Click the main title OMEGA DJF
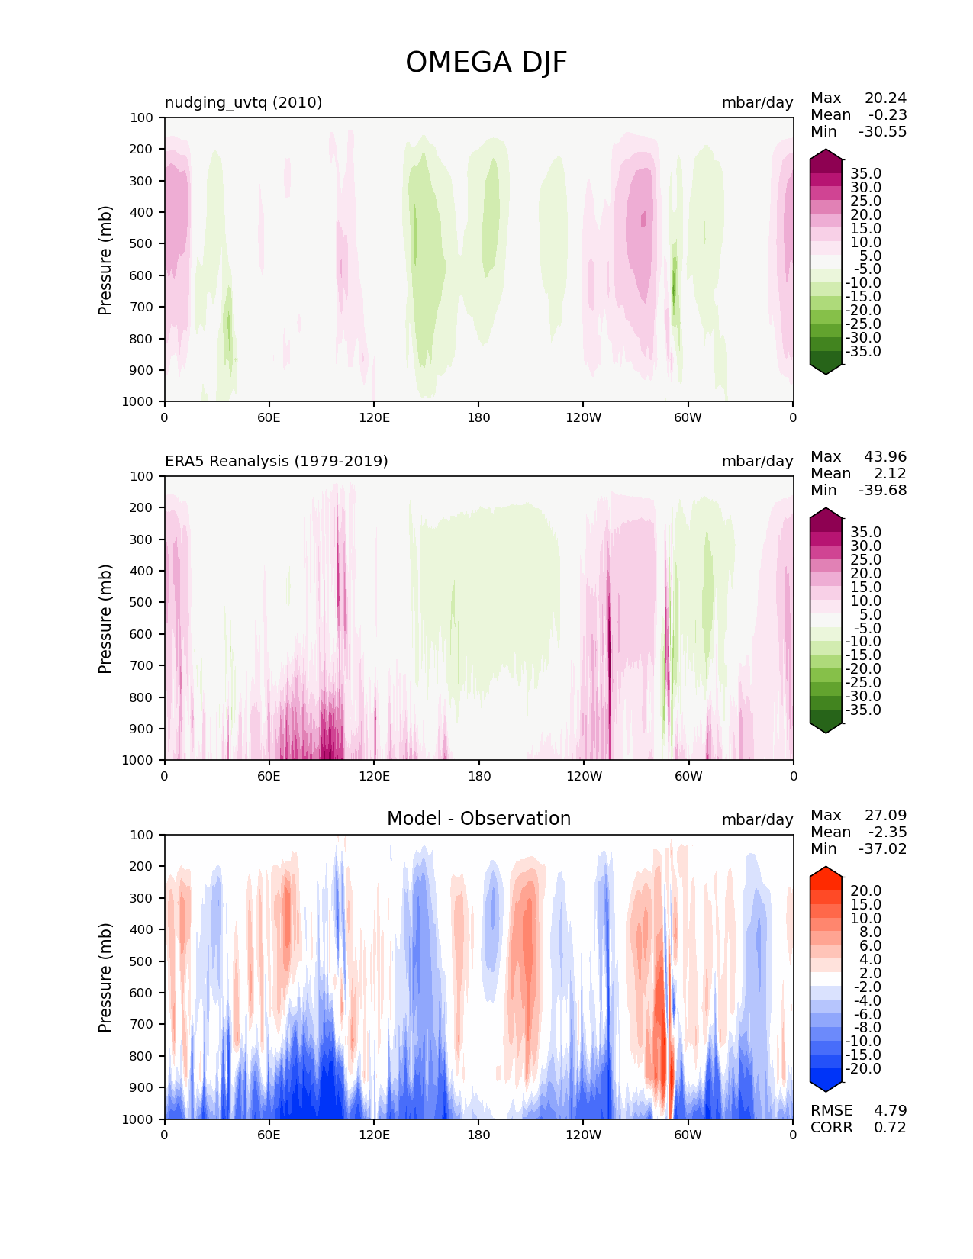[x=486, y=63]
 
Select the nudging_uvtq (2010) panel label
[x=243, y=103]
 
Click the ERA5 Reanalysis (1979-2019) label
[x=276, y=462]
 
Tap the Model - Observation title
[x=478, y=819]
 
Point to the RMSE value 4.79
[x=890, y=1111]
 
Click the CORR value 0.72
[x=890, y=1128]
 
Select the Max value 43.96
[x=885, y=457]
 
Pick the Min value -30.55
[x=882, y=132]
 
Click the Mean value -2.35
[x=888, y=832]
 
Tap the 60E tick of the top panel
[x=269, y=418]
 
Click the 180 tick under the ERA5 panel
[x=478, y=777]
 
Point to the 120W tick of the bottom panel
[x=583, y=1135]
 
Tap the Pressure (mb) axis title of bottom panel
[x=105, y=977]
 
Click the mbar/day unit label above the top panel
[x=757, y=103]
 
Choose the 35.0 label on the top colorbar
[x=865, y=174]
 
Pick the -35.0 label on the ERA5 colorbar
[x=863, y=710]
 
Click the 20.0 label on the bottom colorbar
[x=865, y=891]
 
